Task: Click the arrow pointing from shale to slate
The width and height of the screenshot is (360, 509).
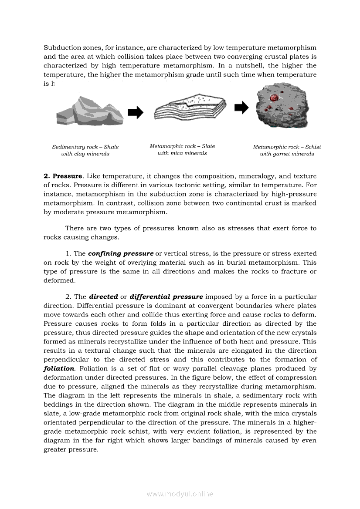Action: pyautogui.click(x=135, y=112)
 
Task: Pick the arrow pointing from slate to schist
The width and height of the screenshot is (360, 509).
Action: pyautogui.click(x=241, y=108)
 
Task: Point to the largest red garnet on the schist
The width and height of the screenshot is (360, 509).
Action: pyautogui.click(x=275, y=97)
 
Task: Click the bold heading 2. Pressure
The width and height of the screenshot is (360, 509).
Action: pyautogui.click(x=63, y=176)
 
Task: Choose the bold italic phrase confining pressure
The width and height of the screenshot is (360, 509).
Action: pyautogui.click(x=121, y=253)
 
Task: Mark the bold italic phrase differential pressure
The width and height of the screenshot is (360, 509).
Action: pyautogui.click(x=166, y=297)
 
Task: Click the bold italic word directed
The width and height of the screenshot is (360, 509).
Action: pyautogui.click(x=103, y=297)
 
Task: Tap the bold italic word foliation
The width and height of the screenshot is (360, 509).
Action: pyautogui.click(x=59, y=368)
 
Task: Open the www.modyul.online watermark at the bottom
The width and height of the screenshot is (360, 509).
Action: pyautogui.click(x=180, y=494)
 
